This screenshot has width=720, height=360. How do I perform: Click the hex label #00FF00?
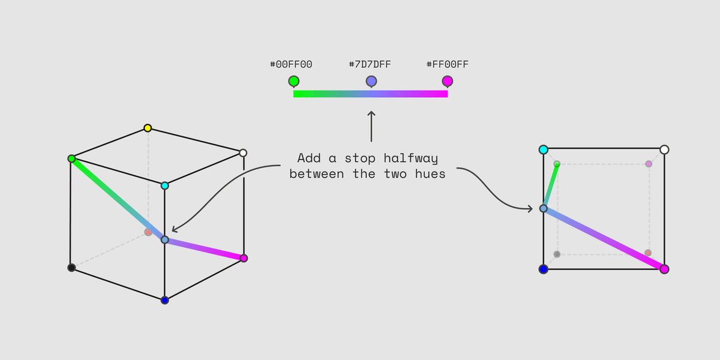[291, 64]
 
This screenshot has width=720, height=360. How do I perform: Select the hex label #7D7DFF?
[370, 64]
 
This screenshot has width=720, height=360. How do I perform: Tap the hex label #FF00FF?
[448, 64]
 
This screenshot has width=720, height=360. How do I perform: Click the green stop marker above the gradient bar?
[294, 82]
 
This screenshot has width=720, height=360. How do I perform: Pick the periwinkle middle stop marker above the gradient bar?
[371, 82]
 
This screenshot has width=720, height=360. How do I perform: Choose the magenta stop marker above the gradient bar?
[448, 82]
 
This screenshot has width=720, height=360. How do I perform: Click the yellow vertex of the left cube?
[148, 128]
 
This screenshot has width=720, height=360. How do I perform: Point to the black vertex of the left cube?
[71, 268]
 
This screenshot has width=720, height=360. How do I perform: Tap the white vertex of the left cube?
[243, 152]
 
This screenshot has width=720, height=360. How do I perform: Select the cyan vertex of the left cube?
[164, 185]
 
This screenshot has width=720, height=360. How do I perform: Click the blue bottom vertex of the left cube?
[164, 300]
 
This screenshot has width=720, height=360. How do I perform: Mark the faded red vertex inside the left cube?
[148, 232]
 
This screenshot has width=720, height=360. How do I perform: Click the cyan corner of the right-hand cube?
[543, 149]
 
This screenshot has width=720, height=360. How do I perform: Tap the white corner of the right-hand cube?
[664, 149]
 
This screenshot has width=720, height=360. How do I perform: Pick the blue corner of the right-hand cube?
[543, 269]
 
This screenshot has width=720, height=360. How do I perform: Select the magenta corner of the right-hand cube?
[664, 269]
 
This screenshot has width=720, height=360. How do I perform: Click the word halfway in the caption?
[411, 158]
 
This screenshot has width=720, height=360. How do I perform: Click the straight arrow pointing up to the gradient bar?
[371, 127]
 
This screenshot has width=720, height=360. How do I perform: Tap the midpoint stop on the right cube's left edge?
[543, 208]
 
